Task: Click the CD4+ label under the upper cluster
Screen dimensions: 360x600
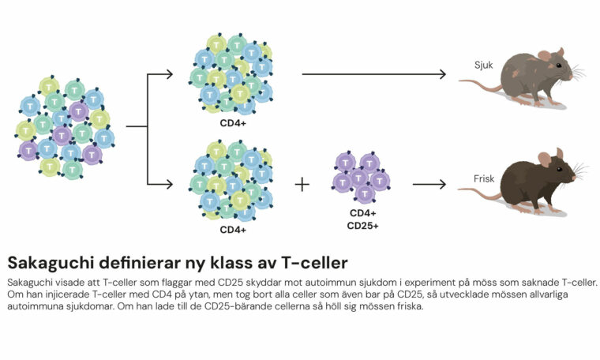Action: click(x=233, y=123)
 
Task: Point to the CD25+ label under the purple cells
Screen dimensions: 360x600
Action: click(x=363, y=227)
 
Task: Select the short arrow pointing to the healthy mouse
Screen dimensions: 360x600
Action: click(x=429, y=185)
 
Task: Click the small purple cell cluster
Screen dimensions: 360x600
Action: click(x=361, y=178)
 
